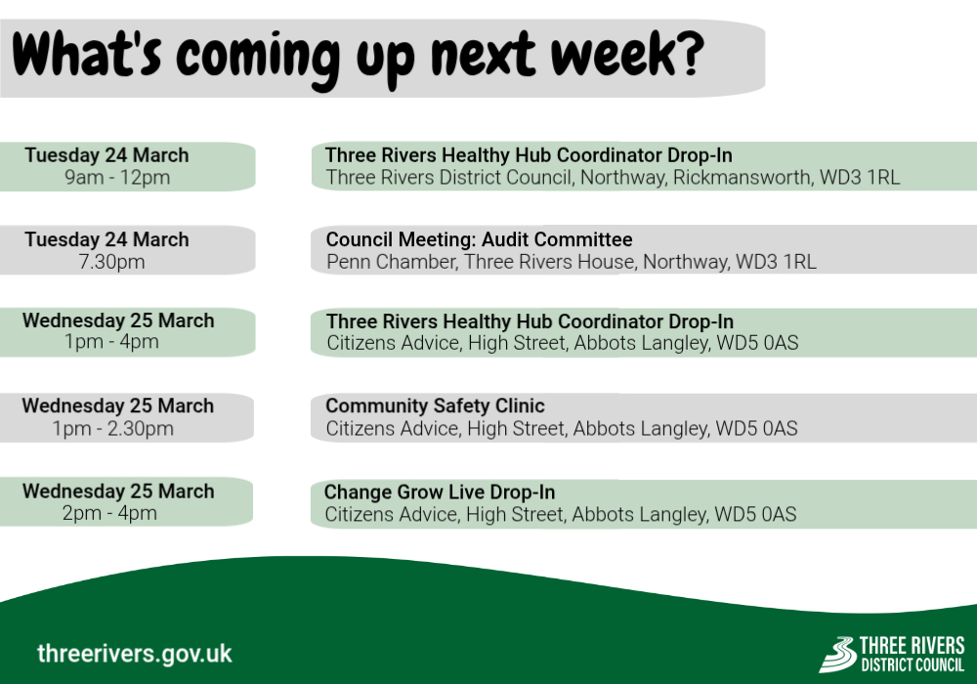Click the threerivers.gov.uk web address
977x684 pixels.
point(135,653)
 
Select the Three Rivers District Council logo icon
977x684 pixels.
point(836,654)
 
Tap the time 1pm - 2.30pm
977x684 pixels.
point(113,429)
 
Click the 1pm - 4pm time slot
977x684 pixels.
point(111,342)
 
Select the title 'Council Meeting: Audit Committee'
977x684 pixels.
point(479,239)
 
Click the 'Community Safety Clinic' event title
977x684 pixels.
point(435,406)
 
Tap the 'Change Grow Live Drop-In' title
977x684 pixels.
point(440,492)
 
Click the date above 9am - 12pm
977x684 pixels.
point(107,155)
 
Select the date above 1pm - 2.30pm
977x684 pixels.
point(117,406)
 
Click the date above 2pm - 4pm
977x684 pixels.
point(117,492)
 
